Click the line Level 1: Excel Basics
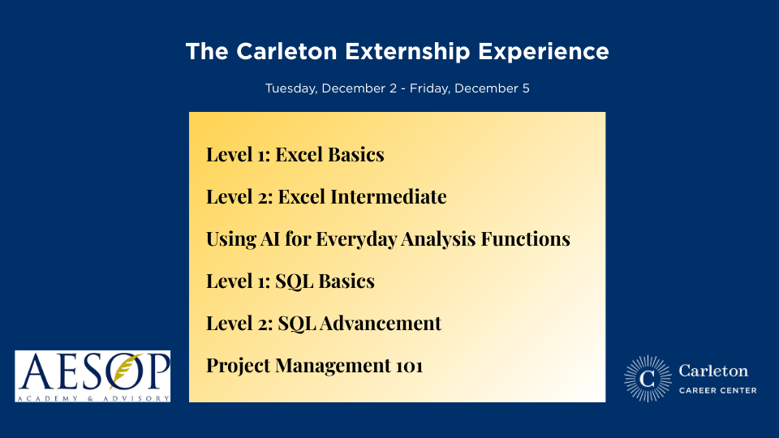295,154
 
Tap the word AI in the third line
270,239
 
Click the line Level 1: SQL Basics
290,281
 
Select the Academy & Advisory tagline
93,397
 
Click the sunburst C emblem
648,379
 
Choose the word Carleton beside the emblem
713,371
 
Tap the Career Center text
717,390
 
